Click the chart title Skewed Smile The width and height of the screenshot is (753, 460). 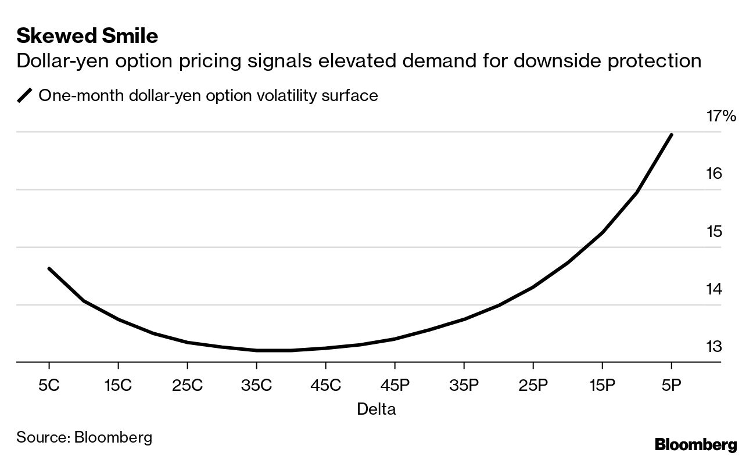point(87,36)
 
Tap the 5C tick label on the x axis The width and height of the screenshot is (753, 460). point(49,385)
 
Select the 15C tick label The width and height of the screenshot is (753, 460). point(118,385)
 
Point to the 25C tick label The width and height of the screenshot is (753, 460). point(187,385)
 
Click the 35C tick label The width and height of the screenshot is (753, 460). point(256,385)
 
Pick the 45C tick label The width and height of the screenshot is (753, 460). point(325,385)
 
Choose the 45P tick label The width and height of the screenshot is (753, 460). point(395,385)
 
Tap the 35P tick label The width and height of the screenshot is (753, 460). point(464,385)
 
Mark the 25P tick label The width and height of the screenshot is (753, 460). point(533,385)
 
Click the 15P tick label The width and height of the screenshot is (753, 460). point(602,385)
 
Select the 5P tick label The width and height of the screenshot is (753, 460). point(671,385)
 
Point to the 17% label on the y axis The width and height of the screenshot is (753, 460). point(721,116)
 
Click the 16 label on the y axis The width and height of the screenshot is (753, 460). point(713,174)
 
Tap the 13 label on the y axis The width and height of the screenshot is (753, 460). point(713,347)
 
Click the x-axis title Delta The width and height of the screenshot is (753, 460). point(376,409)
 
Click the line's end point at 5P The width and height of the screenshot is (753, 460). point(672,134)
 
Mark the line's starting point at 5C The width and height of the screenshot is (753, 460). point(49,268)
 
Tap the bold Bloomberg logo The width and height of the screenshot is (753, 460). point(695,445)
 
